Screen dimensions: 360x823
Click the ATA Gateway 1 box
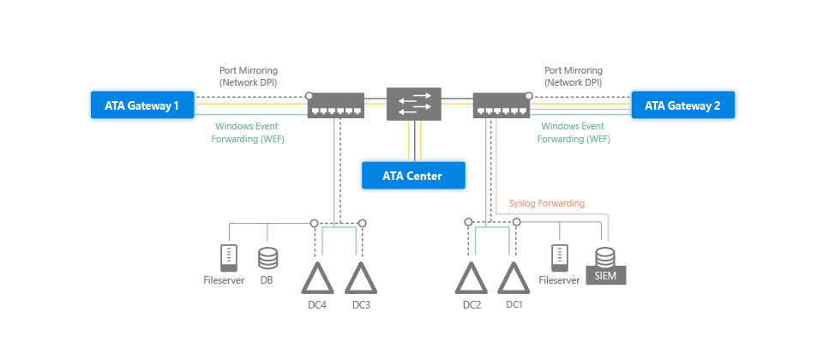142,106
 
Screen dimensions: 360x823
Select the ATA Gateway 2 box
682,106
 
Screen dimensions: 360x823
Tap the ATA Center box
413,176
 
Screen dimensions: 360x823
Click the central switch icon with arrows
413,104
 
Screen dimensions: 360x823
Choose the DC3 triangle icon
361,278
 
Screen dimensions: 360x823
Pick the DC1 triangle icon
514,278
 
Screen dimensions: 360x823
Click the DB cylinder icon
267,257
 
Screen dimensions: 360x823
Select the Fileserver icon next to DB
228,256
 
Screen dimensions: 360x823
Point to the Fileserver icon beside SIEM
560,256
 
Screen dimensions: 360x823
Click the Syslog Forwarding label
547,204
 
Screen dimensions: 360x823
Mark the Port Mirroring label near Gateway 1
249,76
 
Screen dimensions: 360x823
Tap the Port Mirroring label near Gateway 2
574,76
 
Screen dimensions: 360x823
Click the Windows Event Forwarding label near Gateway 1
249,132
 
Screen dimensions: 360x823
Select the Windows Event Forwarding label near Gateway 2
574,132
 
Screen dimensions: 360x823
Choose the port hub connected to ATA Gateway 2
501,105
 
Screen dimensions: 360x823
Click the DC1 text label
514,305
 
